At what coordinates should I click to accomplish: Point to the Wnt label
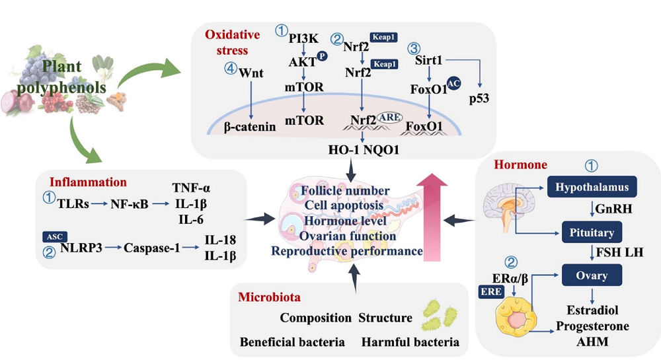[254, 71]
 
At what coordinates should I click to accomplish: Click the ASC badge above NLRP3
[53, 236]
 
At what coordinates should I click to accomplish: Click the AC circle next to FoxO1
[453, 83]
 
